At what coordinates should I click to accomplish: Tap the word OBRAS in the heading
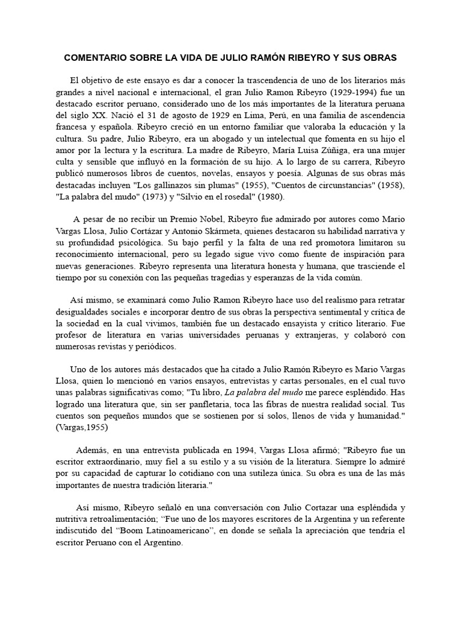pyautogui.click(x=378, y=58)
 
